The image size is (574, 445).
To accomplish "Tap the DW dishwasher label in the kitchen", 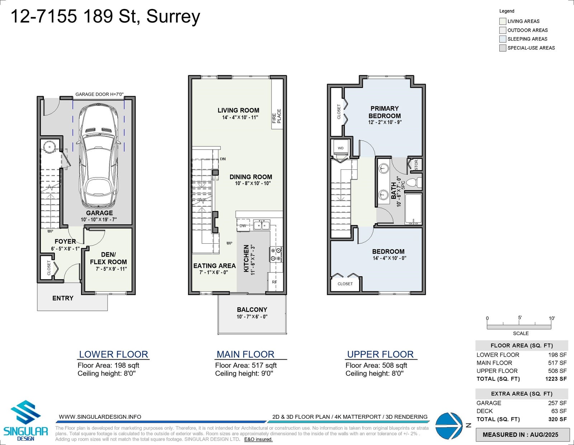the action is pyautogui.click(x=243, y=225).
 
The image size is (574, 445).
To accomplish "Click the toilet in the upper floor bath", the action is pyautogui.click(x=414, y=182).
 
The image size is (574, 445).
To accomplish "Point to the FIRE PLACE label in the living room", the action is pyautogui.click(x=277, y=116).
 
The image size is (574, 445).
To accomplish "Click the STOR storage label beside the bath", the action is pyautogui.click(x=416, y=165).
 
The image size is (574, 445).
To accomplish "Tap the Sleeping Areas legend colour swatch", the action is pyautogui.click(x=503, y=39).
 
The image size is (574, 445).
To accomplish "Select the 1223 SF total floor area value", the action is pyautogui.click(x=556, y=379).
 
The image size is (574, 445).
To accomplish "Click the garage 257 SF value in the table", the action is pyautogui.click(x=557, y=403).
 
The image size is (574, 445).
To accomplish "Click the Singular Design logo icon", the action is pyautogui.click(x=25, y=412).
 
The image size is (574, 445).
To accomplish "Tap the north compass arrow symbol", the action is pyautogui.click(x=449, y=426).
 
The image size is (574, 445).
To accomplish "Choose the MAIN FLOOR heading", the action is pyautogui.click(x=245, y=354).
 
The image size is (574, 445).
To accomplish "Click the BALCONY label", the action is pyautogui.click(x=252, y=309).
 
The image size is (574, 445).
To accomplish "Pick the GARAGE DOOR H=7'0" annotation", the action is pyautogui.click(x=100, y=94).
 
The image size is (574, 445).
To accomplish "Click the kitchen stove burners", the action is pyautogui.click(x=276, y=254).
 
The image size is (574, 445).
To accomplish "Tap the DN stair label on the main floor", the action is pyautogui.click(x=223, y=159).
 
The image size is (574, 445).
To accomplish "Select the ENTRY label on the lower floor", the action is pyautogui.click(x=63, y=298).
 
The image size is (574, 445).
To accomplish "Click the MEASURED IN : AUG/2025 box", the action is pyautogui.click(x=522, y=435).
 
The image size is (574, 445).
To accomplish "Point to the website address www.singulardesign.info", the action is pyautogui.click(x=100, y=417).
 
